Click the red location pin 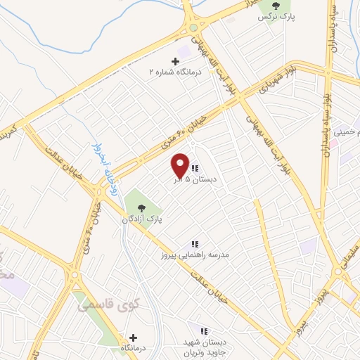point(181,165)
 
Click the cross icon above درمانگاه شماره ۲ point(175,61)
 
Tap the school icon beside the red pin point(195,168)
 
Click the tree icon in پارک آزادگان point(142,207)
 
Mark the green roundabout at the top point(193,28)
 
